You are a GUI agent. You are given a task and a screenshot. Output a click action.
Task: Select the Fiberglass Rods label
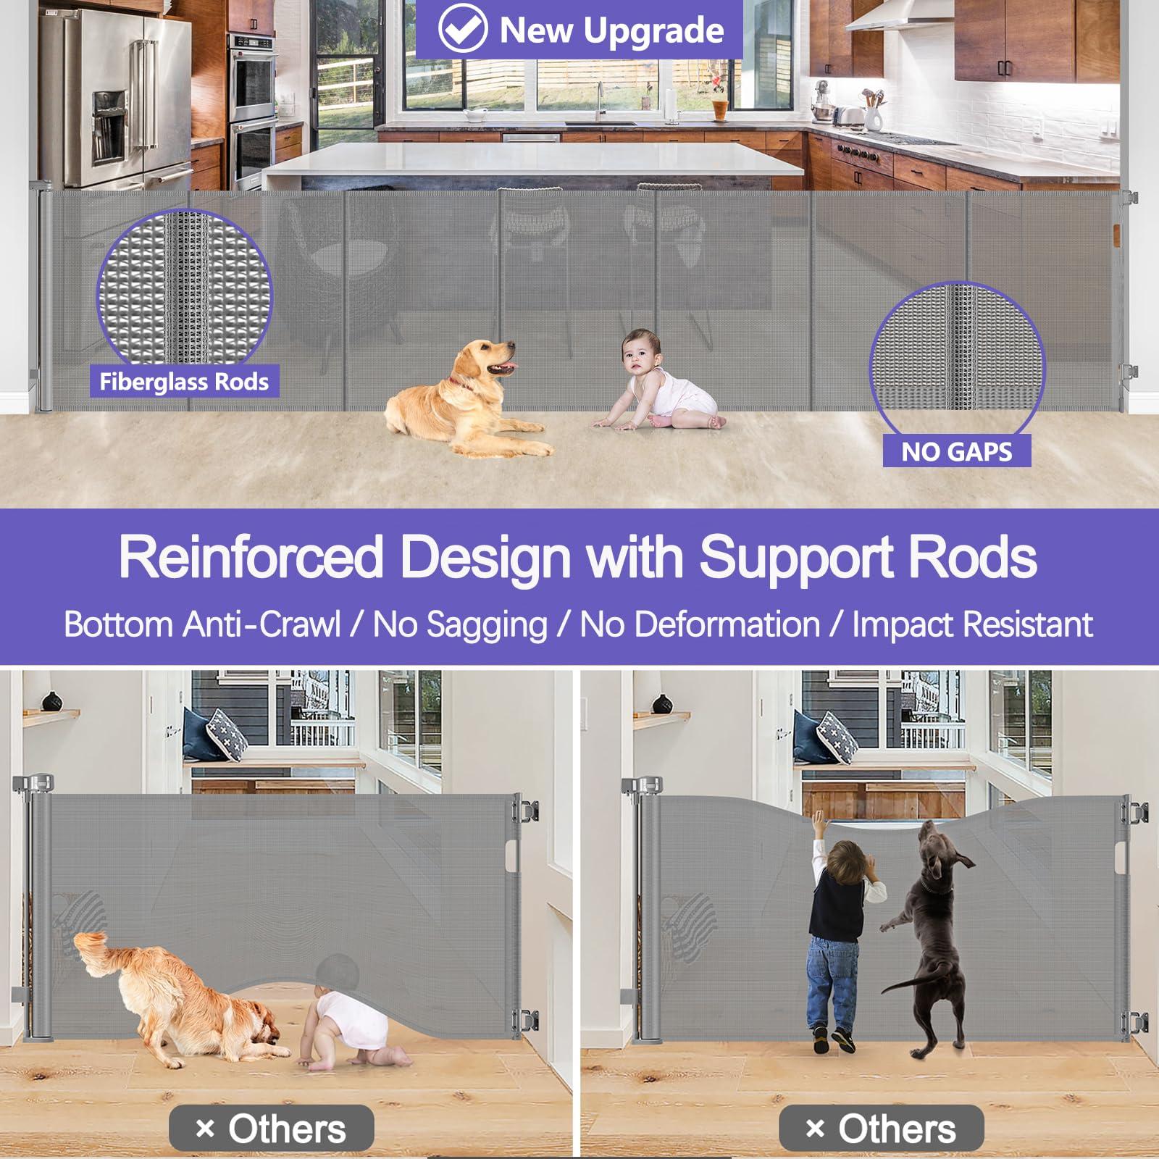pos(184,381)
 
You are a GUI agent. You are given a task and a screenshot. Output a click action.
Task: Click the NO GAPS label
pos(956,451)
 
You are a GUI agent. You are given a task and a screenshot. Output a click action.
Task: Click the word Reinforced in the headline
pos(251,558)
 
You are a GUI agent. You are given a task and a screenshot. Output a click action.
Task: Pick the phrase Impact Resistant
pos(972,624)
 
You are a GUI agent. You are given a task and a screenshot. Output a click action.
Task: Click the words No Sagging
pos(460,625)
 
